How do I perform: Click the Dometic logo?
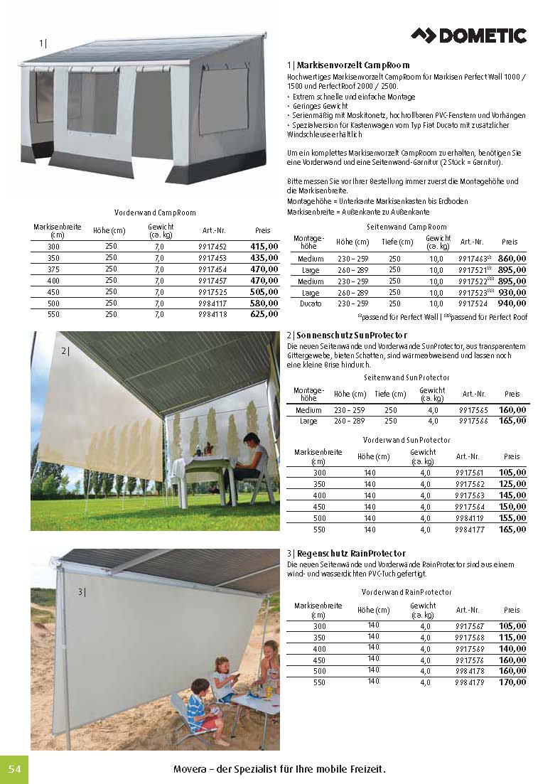469,36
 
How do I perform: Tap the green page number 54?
14,769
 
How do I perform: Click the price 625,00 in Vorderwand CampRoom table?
264,314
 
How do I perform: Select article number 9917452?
212,247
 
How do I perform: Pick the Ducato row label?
311,304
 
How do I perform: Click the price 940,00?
512,304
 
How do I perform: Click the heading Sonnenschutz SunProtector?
350,335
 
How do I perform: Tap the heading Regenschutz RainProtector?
350,553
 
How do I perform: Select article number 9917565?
473,410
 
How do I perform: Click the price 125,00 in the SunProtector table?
512,484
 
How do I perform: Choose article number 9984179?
468,682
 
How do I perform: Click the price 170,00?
512,682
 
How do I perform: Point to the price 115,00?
512,638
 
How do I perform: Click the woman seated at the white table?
254,456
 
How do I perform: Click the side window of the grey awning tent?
222,101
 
